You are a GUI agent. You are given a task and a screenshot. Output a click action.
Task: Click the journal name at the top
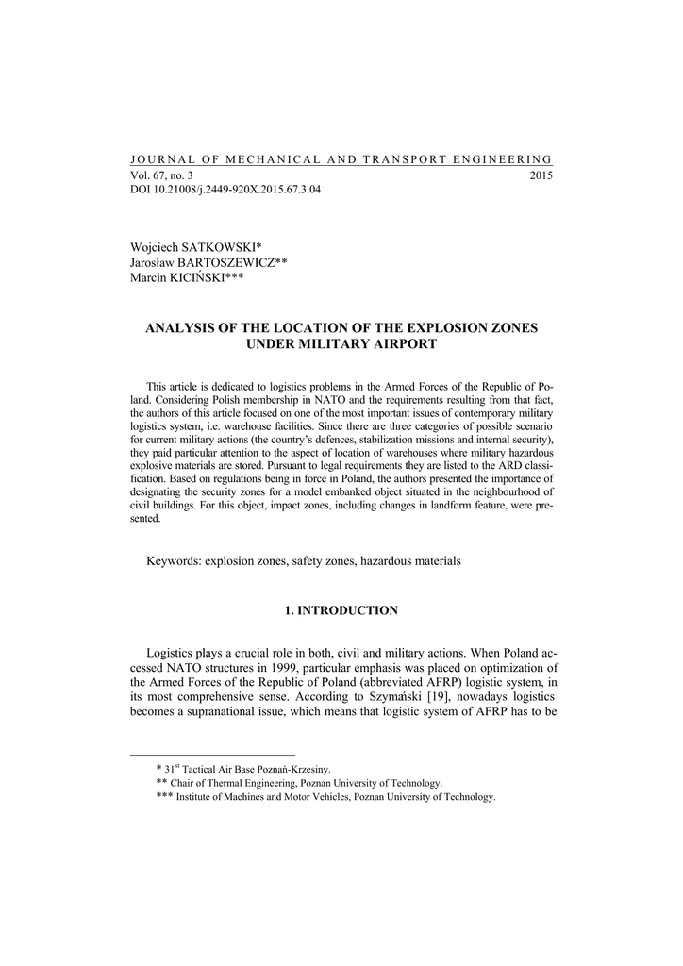(x=341, y=160)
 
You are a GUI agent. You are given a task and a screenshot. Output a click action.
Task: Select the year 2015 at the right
(x=541, y=175)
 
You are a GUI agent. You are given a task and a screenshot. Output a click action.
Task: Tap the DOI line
(x=225, y=190)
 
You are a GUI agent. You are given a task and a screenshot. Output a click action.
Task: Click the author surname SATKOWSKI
(x=225, y=247)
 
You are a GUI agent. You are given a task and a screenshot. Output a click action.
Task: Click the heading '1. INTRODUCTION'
(x=341, y=611)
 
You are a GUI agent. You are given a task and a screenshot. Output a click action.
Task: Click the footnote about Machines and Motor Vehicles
(x=325, y=797)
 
